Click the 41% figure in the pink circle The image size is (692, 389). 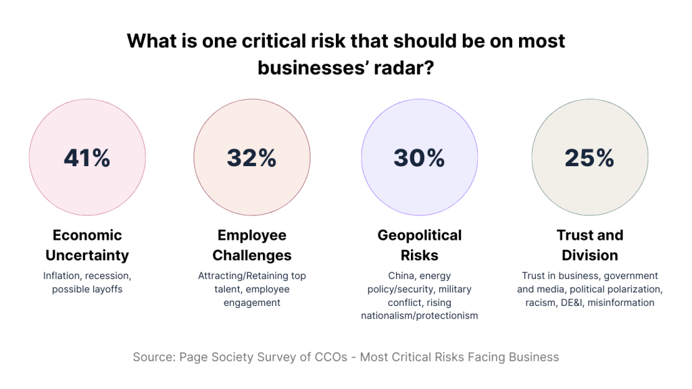[87, 157]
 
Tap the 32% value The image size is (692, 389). [251, 157]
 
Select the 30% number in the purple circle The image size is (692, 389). [419, 157]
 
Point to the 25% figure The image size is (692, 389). [589, 157]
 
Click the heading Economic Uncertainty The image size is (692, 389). [87, 245]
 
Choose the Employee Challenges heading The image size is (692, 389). [251, 245]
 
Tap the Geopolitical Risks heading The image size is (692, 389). [419, 245]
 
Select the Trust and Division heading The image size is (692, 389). [589, 245]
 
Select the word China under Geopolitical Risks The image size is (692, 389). [403, 276]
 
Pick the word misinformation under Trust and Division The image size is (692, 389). [620, 303]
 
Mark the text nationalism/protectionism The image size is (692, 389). [419, 316]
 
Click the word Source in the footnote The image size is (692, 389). [153, 357]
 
